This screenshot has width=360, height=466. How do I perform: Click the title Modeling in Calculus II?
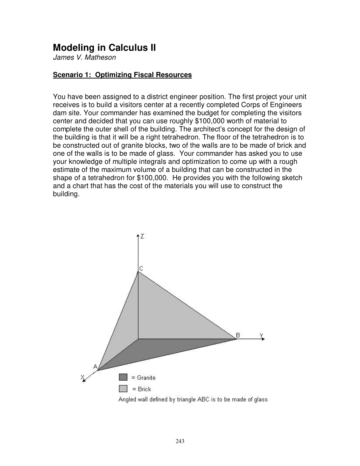[x=104, y=48]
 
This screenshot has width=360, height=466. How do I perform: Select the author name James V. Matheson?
[x=84, y=58]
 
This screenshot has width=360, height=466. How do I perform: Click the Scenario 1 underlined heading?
[x=122, y=75]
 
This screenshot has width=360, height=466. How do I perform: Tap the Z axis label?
[x=142, y=236]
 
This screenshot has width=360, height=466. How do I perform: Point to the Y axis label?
[x=261, y=335]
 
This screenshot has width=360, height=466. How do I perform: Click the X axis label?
[x=82, y=377]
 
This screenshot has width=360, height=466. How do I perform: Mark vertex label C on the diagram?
[x=141, y=269]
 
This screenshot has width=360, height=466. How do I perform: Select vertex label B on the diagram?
[x=238, y=335]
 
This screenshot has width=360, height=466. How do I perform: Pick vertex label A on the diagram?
[x=95, y=366]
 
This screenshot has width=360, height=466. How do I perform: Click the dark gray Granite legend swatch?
[x=123, y=377]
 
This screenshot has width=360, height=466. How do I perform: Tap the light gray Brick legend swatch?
[x=123, y=388]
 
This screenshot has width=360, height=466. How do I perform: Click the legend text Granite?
[x=146, y=378]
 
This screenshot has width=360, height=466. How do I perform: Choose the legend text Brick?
[x=144, y=389]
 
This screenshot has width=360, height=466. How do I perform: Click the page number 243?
[x=180, y=441]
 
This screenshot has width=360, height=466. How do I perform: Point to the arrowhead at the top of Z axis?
[x=138, y=236]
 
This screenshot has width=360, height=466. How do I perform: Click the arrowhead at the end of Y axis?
[x=263, y=339]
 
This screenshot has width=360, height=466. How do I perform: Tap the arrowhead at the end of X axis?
[x=84, y=380]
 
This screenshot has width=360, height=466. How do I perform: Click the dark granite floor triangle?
[x=152, y=350]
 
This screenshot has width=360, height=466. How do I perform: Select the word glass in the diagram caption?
[x=260, y=399]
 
